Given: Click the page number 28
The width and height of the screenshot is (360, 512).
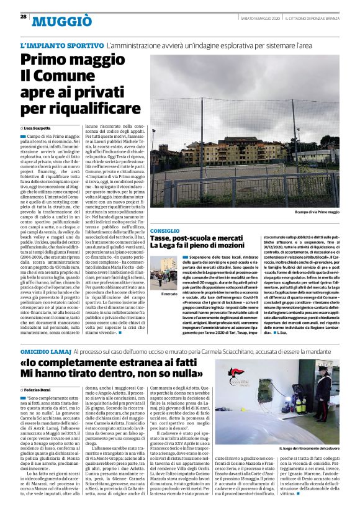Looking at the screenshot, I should [22, 16].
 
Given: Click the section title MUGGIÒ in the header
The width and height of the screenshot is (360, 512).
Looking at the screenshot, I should [57, 24].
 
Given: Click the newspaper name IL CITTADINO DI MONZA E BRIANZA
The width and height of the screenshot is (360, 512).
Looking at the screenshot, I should [314, 16].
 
